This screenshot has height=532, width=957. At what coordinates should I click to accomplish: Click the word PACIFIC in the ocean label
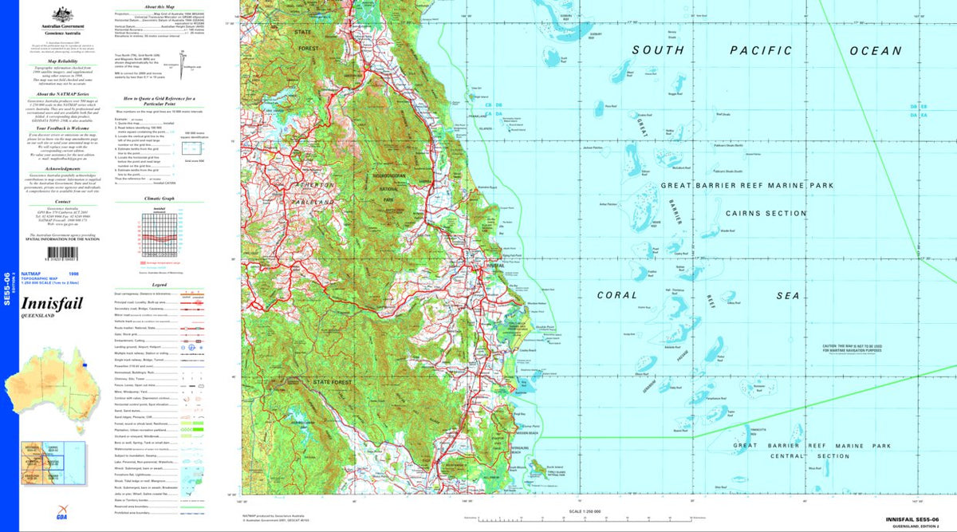pyautogui.click(x=762, y=50)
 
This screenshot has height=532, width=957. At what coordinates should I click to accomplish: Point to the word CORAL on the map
pyautogui.click(x=617, y=295)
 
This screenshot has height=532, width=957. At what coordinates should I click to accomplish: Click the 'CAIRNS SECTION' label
pyautogui.click(x=766, y=213)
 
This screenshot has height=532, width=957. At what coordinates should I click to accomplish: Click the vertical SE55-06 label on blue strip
pyautogui.click(x=7, y=286)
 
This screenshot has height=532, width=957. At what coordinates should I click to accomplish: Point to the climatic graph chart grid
pyautogui.click(x=159, y=232)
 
